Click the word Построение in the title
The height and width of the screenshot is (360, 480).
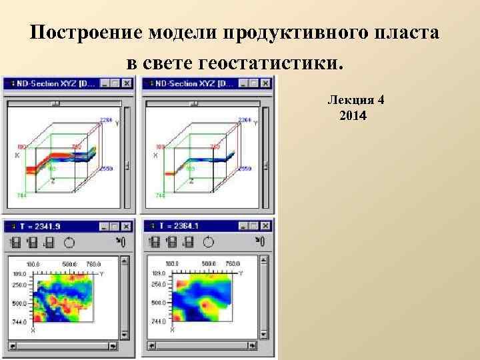pyautogui.click(x=86, y=33)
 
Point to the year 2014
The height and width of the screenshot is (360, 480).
pyautogui.click(x=353, y=116)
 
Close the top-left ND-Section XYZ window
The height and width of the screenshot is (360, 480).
pyautogui.click(x=127, y=83)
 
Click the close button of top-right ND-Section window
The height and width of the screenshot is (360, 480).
pyautogui.click(x=265, y=83)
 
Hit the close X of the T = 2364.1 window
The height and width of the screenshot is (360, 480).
pyautogui.click(x=265, y=226)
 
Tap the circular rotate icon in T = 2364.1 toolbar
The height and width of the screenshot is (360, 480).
pyautogui.click(x=208, y=242)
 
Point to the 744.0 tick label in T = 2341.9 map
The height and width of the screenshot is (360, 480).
pyautogui.click(x=19, y=321)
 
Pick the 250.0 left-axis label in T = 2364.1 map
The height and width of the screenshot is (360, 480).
pyautogui.click(x=159, y=285)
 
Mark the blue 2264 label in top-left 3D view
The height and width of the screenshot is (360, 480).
pyautogui.click(x=105, y=119)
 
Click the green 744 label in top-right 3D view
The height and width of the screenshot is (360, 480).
pyautogui.click(x=160, y=195)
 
